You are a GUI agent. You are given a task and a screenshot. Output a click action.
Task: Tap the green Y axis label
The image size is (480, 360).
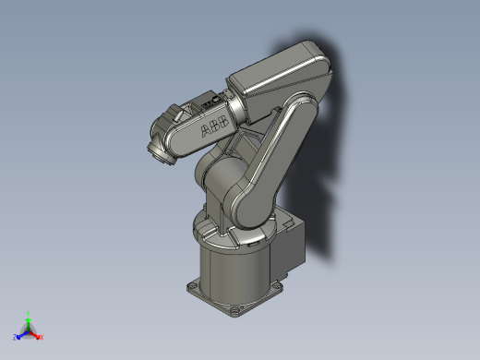click(29, 313)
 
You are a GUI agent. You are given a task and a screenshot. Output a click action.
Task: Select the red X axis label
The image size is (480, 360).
click(42, 337)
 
